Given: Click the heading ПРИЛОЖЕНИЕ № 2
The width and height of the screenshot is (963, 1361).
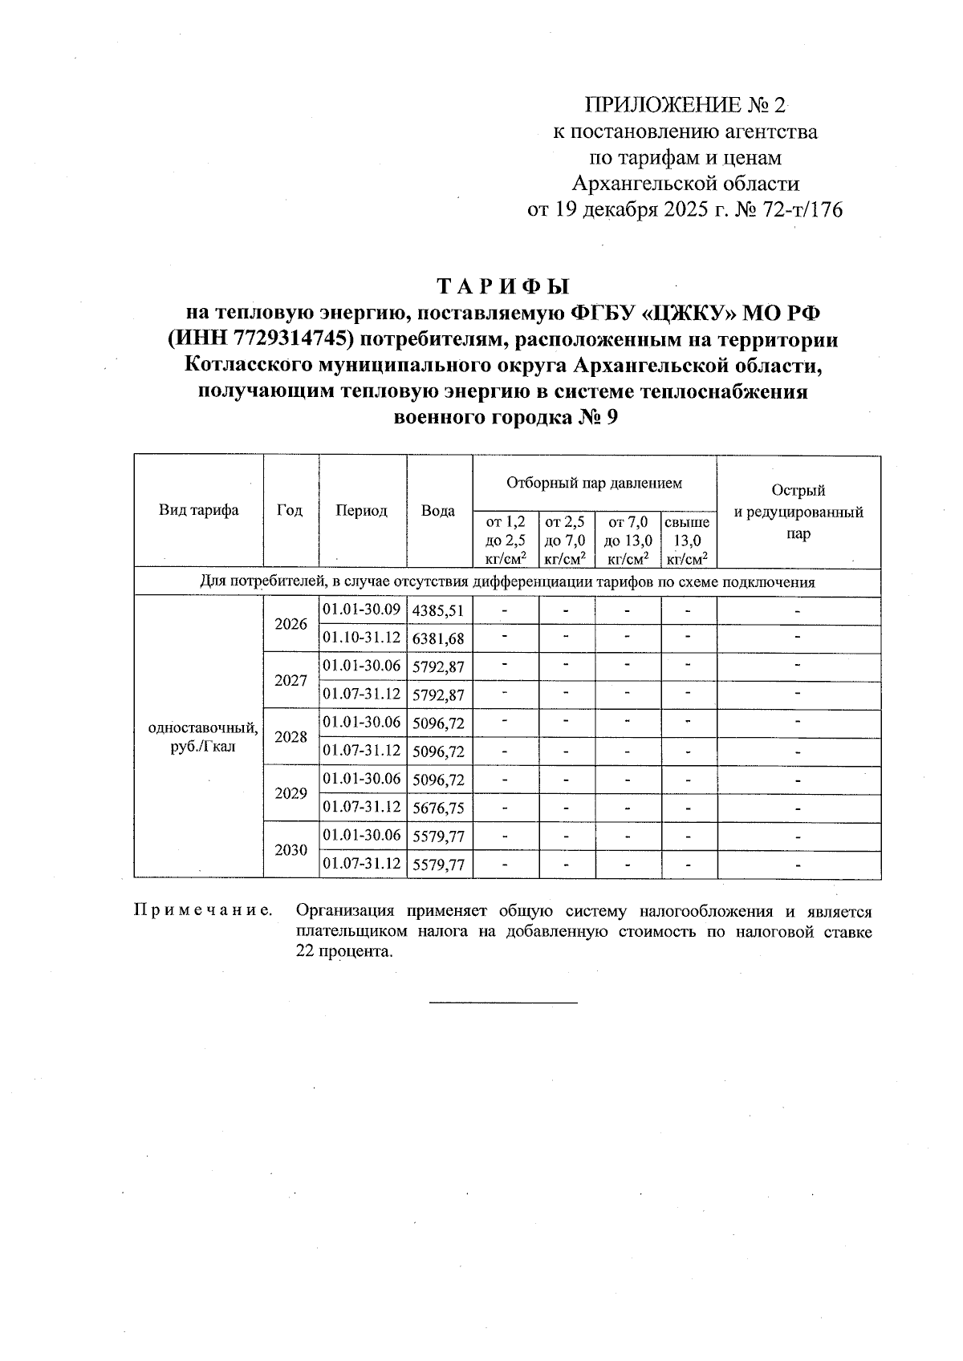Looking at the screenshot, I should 686,105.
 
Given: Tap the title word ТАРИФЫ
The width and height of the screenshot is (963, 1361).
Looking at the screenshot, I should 503,286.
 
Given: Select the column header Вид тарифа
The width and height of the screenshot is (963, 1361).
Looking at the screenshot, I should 198,511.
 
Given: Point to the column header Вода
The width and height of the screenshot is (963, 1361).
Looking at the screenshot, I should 438,511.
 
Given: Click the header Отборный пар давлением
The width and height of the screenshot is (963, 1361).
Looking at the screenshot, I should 594,483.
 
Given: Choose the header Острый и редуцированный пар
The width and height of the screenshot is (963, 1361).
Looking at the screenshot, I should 798,512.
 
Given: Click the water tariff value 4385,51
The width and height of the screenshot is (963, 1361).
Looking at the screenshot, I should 438,611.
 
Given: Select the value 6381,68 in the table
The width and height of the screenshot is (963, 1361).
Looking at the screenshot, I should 438,639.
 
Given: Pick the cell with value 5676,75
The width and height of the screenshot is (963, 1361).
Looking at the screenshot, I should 438,808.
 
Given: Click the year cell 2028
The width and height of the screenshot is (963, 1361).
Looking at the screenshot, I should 291,737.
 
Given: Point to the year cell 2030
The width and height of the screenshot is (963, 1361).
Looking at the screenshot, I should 291,850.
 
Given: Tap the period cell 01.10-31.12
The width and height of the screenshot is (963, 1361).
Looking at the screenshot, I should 361,638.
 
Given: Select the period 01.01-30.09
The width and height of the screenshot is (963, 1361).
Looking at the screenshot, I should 361,610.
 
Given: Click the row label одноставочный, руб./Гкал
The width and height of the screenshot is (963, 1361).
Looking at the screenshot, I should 203,737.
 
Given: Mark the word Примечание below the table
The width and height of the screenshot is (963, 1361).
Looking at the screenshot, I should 202,911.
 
